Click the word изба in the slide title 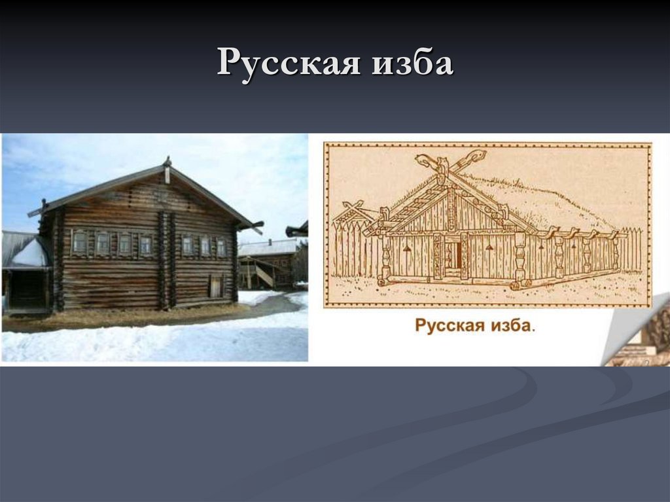click(417, 63)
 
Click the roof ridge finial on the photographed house click(167, 169)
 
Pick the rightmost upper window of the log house click(221, 247)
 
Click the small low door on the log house click(215, 286)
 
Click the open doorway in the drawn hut click(453, 256)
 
